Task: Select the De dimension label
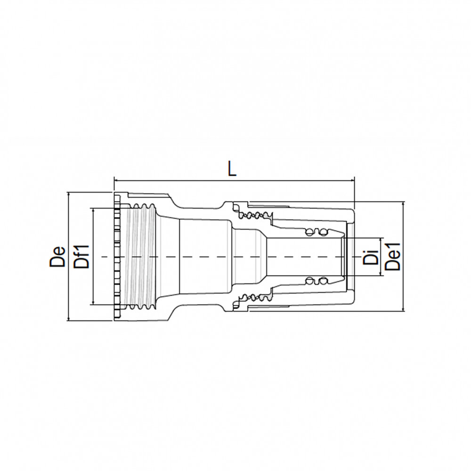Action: (x=57, y=257)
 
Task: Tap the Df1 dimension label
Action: (x=81, y=257)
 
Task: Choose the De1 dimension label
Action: (x=393, y=257)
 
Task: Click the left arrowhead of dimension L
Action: (x=116, y=180)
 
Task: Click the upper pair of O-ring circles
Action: (x=316, y=232)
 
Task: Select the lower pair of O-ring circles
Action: (x=316, y=281)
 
